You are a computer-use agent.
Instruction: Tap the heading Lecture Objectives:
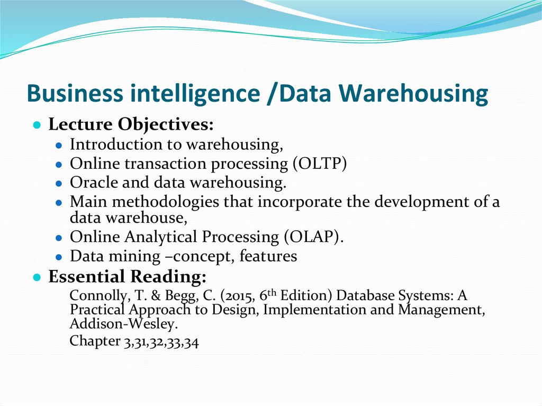[x=131, y=125]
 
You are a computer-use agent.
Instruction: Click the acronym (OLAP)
[x=315, y=237]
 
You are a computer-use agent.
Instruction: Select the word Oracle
[x=94, y=183]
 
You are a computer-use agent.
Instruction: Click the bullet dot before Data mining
[x=59, y=257]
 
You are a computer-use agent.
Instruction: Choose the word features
[x=268, y=256]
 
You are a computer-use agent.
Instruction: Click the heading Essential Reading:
[x=127, y=276]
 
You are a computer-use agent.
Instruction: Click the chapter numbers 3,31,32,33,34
[x=161, y=342]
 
